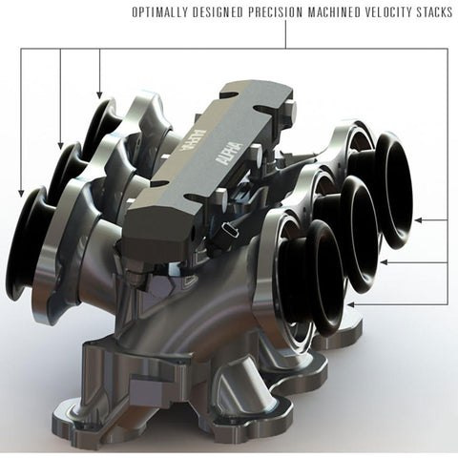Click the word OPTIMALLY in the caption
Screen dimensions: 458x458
[156, 13]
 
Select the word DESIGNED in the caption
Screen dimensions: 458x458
[216, 13]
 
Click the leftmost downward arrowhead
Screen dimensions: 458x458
[20, 193]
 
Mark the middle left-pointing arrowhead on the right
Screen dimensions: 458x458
[384, 261]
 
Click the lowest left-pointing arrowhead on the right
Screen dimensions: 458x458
[351, 303]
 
